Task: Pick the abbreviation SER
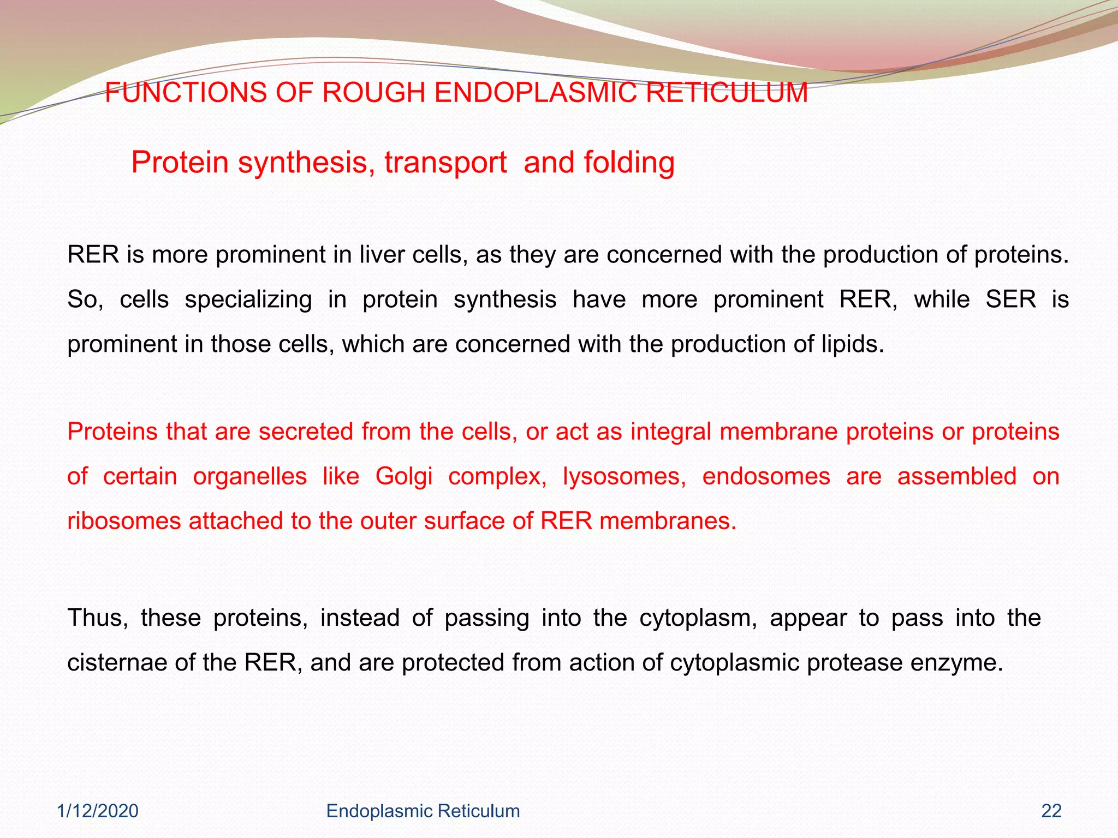point(1010,300)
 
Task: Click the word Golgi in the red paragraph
point(404,476)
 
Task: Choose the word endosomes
point(766,476)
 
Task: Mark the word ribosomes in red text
point(124,521)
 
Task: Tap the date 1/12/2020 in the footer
point(98,811)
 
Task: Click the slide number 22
point(1051,811)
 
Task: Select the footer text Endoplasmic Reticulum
point(423,811)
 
